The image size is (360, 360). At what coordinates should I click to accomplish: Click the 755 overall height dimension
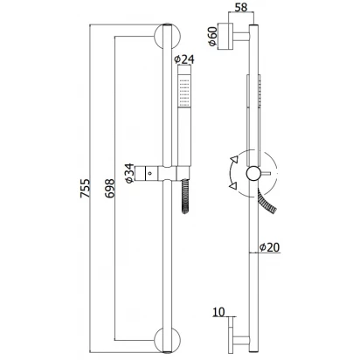coord(85,189)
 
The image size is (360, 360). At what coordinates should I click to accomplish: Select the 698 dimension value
coord(110,189)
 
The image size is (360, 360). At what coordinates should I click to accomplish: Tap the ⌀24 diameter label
coord(184,59)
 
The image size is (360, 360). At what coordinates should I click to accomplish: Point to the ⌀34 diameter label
coord(129,173)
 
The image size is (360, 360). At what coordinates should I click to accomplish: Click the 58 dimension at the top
coord(241,7)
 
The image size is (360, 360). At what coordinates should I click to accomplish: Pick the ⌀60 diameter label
coord(213,36)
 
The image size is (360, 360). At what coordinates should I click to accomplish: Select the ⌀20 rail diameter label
coord(269,247)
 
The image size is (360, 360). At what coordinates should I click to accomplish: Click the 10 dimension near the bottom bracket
coord(218,312)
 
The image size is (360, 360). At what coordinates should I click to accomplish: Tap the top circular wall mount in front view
coord(167,37)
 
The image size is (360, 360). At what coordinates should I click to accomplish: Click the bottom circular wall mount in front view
coord(167,340)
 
